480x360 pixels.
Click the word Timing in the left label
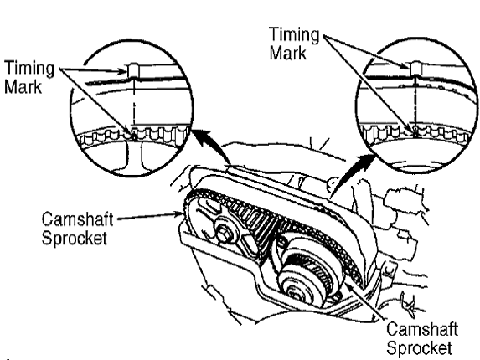29,69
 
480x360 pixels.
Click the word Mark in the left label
23,86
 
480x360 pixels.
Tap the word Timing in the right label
295,35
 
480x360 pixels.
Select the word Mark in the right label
288,53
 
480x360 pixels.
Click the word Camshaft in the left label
77,219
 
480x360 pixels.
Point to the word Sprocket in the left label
75,238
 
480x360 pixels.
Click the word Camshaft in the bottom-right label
422,329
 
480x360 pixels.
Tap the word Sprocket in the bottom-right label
419,347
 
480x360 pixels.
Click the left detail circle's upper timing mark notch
133,70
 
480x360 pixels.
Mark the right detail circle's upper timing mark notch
415,68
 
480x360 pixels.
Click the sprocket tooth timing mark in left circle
134,135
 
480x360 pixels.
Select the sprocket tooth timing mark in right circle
415,131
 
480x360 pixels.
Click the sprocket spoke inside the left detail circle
134,156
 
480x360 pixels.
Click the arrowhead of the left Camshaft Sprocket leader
180,213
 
